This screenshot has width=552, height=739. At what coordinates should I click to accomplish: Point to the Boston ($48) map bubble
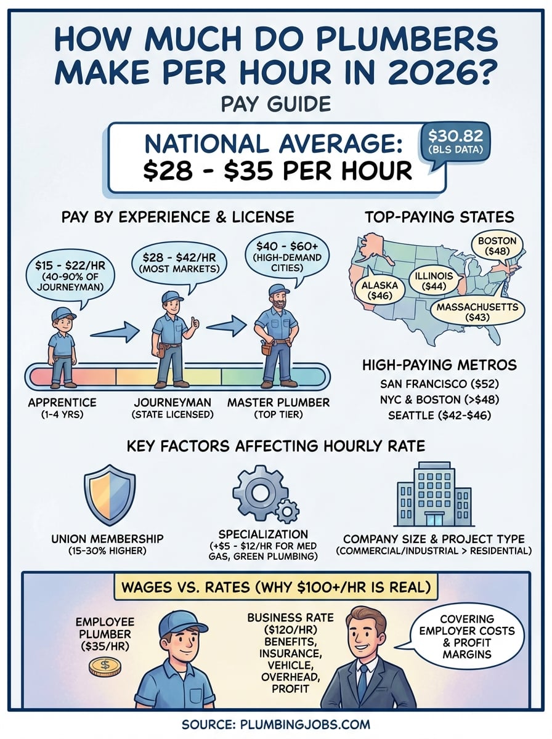pos(498,245)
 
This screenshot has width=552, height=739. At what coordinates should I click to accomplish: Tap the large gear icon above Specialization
pos(259,490)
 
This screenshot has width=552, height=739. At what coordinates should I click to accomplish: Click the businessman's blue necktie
pos(362,684)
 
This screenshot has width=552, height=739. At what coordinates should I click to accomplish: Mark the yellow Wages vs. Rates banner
pos(275,586)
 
